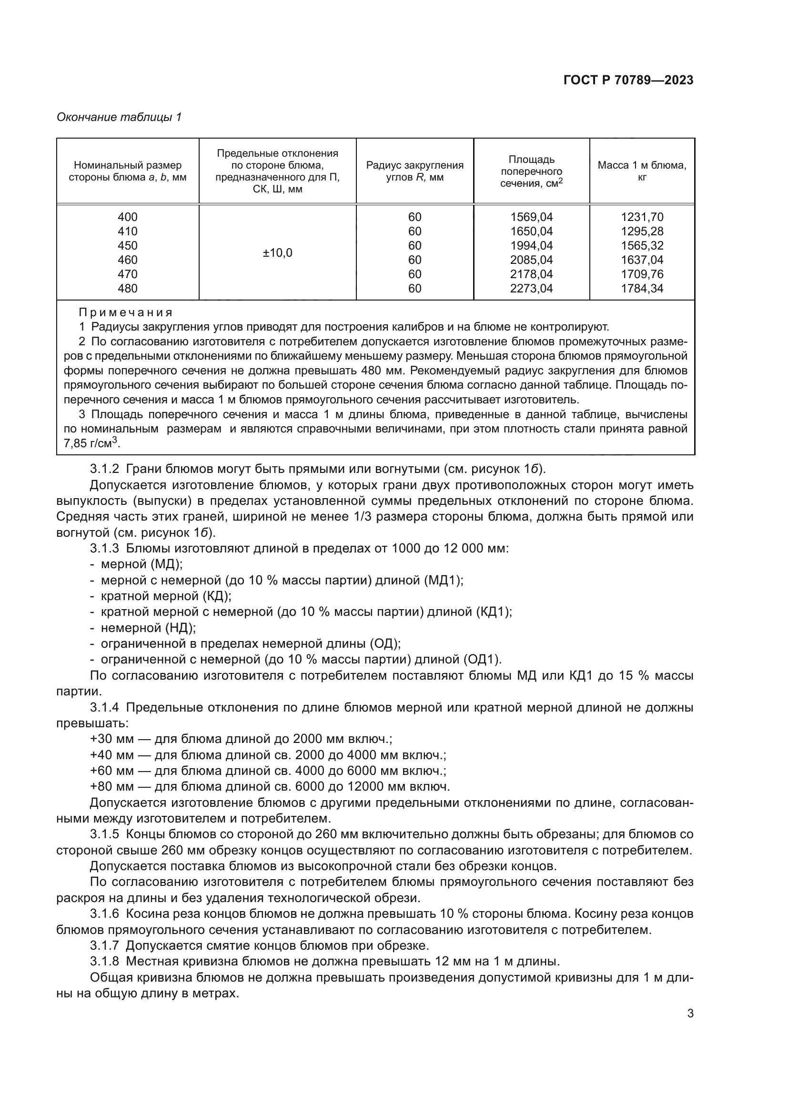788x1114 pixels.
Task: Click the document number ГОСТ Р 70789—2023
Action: click(x=628, y=80)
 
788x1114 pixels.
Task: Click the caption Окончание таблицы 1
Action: click(x=119, y=117)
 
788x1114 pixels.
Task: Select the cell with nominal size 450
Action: click(x=128, y=245)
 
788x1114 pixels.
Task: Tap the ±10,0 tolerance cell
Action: click(x=278, y=253)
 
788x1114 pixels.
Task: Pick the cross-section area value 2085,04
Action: click(x=531, y=260)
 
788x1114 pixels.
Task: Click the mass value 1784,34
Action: click(x=642, y=288)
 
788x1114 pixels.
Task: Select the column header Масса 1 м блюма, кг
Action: click(x=642, y=171)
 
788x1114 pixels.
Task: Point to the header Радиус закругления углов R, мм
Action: click(x=415, y=171)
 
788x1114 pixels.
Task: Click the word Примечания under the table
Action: click(x=126, y=312)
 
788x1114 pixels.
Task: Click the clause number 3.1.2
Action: click(x=104, y=469)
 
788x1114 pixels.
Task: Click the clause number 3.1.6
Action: click(x=104, y=914)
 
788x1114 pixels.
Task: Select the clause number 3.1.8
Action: click(x=104, y=962)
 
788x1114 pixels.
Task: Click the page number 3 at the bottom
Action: click(x=690, y=1014)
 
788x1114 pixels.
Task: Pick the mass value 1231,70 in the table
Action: click(x=642, y=217)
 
